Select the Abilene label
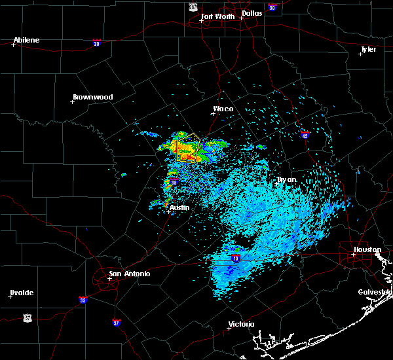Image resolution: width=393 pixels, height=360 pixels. click(x=26, y=40)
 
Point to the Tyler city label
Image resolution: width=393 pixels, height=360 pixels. click(x=369, y=49)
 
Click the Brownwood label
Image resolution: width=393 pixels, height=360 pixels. click(x=92, y=97)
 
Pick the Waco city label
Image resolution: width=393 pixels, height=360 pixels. click(x=223, y=109)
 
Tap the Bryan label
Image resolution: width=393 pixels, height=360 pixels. click(x=286, y=179)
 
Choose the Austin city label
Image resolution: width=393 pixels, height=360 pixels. click(x=179, y=207)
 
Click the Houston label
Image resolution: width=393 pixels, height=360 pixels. click(x=367, y=249)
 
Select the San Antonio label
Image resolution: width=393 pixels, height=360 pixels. click(x=129, y=274)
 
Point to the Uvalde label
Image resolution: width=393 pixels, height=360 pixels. click(x=21, y=293)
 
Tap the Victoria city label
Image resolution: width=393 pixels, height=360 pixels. click(x=241, y=325)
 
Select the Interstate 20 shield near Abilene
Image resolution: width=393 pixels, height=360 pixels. click(x=96, y=43)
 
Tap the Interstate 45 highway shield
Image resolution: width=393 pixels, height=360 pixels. click(x=305, y=135)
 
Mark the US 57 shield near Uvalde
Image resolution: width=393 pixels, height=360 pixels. click(x=27, y=317)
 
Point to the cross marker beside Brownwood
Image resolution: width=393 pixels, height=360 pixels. click(x=72, y=101)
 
